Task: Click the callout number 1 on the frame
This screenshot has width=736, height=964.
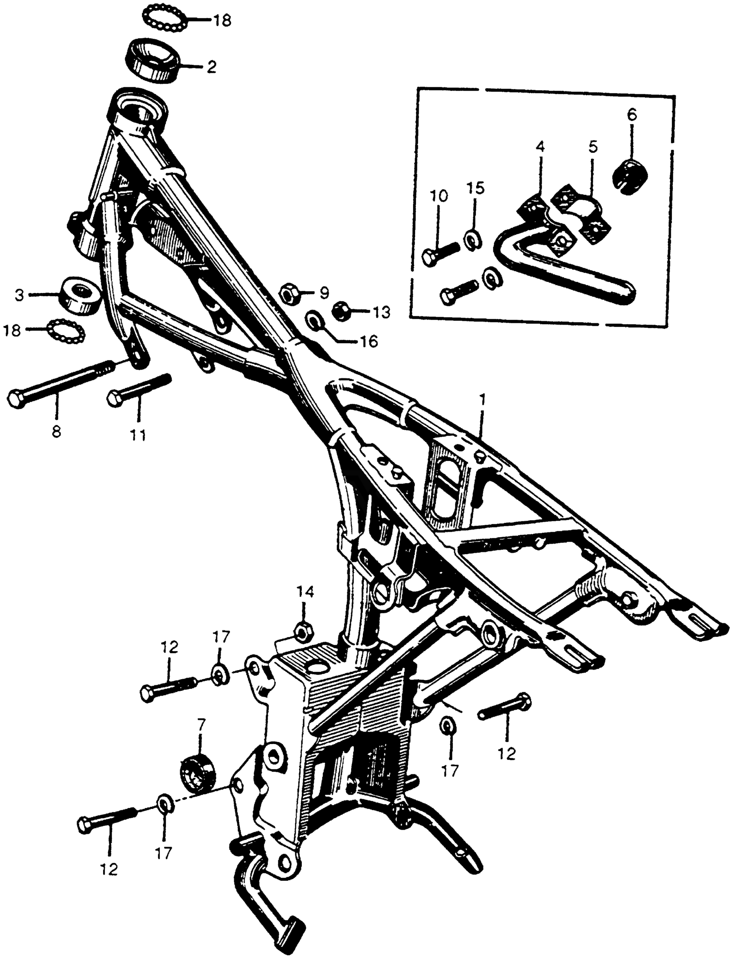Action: [482, 400]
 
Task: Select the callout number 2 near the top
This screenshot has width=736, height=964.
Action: [211, 67]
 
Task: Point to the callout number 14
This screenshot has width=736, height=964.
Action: [305, 592]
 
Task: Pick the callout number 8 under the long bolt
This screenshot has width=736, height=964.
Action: [56, 432]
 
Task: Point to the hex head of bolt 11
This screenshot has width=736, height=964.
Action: [115, 399]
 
